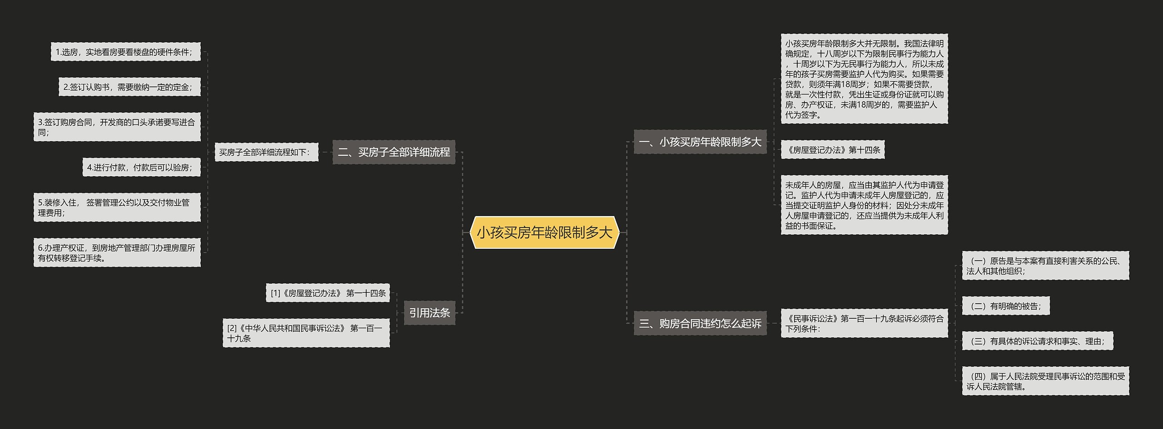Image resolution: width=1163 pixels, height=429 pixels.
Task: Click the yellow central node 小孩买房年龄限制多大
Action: (544, 232)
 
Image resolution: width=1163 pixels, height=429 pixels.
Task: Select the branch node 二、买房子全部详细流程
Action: (393, 152)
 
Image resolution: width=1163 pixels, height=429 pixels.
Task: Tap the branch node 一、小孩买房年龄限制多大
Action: (700, 142)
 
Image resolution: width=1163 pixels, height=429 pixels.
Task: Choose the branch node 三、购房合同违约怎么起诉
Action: (700, 323)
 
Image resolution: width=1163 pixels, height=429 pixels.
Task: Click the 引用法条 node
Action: (429, 313)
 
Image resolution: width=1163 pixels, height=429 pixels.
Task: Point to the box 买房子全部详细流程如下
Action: (266, 152)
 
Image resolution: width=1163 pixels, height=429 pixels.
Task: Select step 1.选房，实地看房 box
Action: (125, 52)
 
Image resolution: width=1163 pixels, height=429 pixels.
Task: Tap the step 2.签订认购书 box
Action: (129, 87)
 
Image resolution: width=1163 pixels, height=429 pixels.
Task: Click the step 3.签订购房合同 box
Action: (117, 127)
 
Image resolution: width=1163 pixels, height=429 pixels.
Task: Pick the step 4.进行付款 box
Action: (141, 168)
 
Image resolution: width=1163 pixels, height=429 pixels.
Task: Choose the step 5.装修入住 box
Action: (117, 207)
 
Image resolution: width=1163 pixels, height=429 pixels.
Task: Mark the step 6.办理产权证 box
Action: (117, 253)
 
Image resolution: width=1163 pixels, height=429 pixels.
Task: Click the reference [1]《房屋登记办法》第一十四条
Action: (328, 293)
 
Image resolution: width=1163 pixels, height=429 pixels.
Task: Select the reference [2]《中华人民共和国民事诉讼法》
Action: (306, 333)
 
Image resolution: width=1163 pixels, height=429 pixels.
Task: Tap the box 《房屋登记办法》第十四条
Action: (832, 150)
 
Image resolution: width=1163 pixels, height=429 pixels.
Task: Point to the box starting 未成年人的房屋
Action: (864, 205)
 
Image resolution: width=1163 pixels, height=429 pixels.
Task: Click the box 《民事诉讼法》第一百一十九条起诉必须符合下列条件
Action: (864, 323)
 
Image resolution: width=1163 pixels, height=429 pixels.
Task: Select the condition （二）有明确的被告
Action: (1005, 306)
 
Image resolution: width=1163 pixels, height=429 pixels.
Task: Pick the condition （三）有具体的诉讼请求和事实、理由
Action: (1037, 341)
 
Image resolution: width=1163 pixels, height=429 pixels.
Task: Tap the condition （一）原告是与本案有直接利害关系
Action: (1045, 266)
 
